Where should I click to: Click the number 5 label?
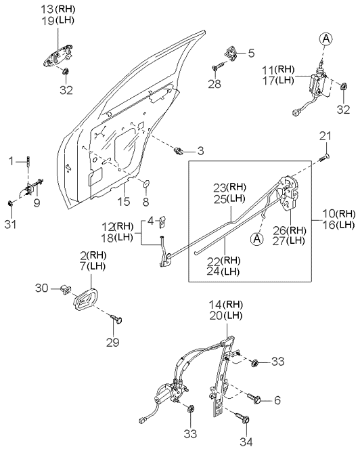251,53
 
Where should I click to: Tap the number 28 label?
215,84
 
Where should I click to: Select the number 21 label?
325,135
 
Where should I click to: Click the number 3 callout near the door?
200,151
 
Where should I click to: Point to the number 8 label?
146,202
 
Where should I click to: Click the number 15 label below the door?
124,202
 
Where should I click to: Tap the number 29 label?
112,342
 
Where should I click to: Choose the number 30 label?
42,288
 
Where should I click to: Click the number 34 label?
247,442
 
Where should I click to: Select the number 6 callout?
277,400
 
